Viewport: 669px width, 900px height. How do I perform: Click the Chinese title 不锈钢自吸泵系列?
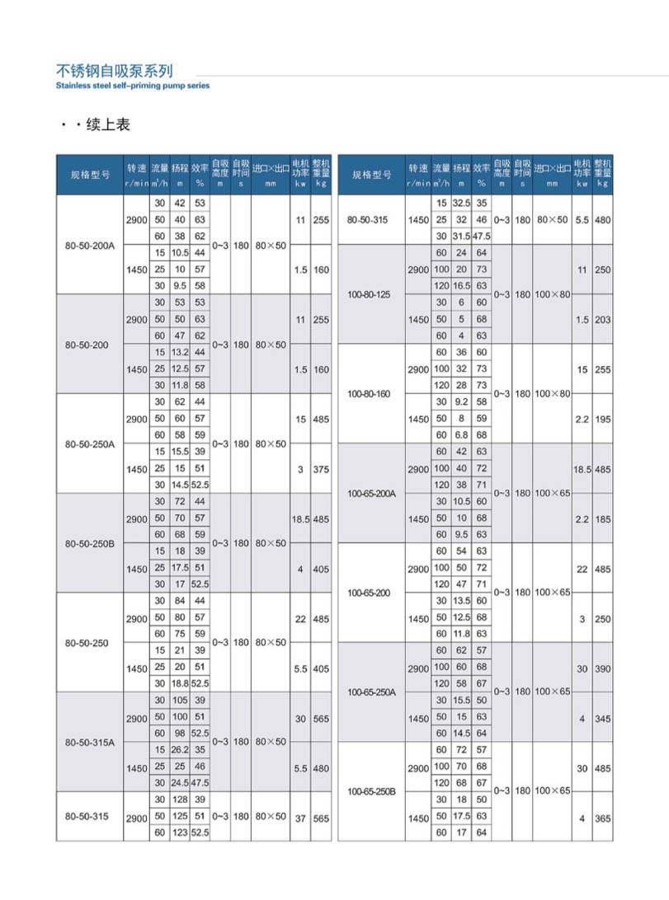tap(115, 71)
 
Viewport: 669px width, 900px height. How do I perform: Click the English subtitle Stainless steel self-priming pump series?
tap(133, 85)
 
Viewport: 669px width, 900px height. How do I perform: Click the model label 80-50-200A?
tap(89, 245)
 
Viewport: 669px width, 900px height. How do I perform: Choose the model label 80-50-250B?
tap(89, 543)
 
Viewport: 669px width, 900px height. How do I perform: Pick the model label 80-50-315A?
tap(89, 742)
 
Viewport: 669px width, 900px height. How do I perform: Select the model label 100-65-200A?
tap(371, 493)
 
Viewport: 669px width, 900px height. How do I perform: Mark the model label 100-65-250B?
tap(371, 791)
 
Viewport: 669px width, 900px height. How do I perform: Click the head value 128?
tap(179, 799)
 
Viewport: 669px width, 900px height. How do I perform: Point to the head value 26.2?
tap(179, 749)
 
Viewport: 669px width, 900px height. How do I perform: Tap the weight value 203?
tap(603, 319)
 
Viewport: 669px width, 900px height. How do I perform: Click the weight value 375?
tap(321, 468)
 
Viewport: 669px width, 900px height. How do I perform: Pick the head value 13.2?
tap(179, 352)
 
